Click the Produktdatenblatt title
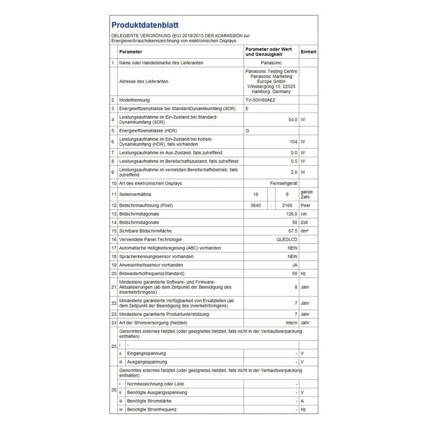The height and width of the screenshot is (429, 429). coord(145,25)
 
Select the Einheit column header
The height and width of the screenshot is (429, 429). coord(308,52)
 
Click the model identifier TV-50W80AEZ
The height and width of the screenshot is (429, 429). coord(260,100)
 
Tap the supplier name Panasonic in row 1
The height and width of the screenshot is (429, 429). coord(271,63)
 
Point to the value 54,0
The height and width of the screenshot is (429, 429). coord(292,120)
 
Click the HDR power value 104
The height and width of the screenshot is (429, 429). coord(293,142)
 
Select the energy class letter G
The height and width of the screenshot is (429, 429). coord(247,131)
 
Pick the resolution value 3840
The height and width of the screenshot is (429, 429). coord(256,205)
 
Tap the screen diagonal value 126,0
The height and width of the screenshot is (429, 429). coord(291,214)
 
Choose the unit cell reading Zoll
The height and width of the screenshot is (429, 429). coord(304,222)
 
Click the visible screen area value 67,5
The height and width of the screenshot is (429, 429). coord(292,231)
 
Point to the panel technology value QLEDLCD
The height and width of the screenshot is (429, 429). coord(287,239)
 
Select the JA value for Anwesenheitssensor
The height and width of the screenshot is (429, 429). coord(294,265)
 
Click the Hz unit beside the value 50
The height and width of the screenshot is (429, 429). coord(303,273)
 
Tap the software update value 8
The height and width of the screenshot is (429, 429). coord(296,287)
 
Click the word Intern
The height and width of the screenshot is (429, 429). coord(292,323)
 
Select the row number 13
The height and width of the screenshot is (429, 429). coord(113,214)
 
